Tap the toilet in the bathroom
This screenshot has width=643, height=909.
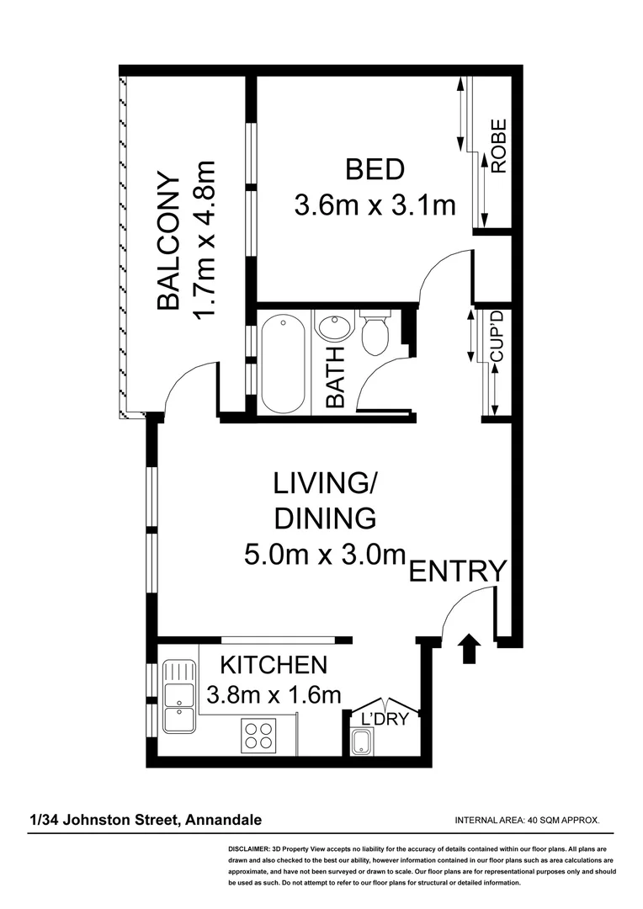point(374,335)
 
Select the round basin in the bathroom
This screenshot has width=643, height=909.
point(334,327)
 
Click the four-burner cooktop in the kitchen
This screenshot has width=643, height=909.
point(259,736)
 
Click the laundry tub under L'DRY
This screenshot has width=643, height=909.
point(361,742)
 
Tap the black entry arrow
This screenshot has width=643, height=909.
point(469,650)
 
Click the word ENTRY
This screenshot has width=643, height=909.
point(458,571)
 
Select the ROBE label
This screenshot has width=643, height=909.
point(498,146)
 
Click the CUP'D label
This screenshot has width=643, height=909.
point(497,337)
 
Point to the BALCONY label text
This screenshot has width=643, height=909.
point(169,242)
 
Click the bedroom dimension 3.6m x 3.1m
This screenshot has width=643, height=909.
point(375,205)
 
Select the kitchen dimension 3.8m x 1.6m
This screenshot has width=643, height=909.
point(274,695)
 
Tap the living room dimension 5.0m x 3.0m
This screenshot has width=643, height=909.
point(324,555)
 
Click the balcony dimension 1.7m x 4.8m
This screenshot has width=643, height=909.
point(205,242)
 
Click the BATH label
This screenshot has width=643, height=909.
point(335,378)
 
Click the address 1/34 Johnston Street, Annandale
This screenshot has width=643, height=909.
point(146,819)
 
